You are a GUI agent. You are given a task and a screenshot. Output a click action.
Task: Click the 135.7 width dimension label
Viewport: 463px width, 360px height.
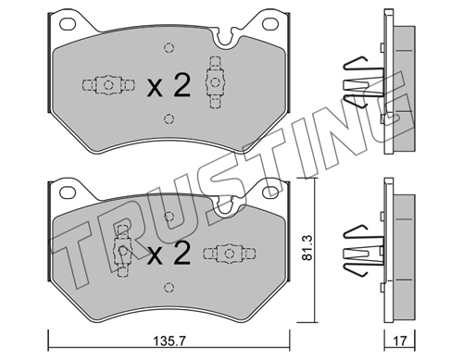coord(169,341)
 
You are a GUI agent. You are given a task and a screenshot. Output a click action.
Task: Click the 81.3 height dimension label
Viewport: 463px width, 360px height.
coord(307,247)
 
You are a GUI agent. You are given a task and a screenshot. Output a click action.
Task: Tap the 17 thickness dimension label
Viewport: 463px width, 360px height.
coord(400,341)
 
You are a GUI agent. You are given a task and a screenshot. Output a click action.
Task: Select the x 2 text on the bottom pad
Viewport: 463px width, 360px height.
coord(169,254)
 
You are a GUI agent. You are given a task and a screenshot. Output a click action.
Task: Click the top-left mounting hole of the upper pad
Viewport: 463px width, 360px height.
coord(68,23)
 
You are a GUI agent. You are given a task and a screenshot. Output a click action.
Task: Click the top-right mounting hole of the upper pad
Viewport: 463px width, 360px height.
coord(269,23)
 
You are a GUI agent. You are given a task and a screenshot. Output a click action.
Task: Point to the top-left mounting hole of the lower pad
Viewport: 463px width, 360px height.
coord(68,192)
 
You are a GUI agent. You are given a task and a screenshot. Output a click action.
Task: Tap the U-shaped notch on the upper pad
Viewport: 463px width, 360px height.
coord(224,40)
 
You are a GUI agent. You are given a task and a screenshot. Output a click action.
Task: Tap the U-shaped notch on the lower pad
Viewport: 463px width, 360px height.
coord(224,208)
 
